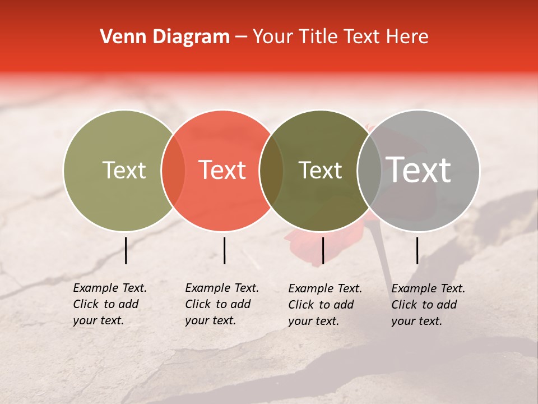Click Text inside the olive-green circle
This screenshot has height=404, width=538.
(124, 171)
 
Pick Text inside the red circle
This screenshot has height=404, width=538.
(222, 171)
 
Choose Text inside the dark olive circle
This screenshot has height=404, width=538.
(320, 171)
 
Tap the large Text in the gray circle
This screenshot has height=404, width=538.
(419, 171)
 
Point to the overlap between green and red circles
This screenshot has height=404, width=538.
(173, 171)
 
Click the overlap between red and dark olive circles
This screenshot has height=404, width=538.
(271, 171)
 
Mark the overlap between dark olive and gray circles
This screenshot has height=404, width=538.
(369, 171)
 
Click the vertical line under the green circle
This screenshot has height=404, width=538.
(126, 250)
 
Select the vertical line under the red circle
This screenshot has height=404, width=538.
(224, 250)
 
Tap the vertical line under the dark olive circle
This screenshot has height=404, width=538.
(323, 250)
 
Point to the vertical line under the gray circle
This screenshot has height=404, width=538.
(418, 250)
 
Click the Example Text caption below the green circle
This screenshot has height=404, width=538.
(110, 304)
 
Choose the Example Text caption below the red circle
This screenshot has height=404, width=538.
(222, 304)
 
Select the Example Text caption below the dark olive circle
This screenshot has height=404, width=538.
(325, 305)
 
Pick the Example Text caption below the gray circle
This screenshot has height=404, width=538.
(428, 305)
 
